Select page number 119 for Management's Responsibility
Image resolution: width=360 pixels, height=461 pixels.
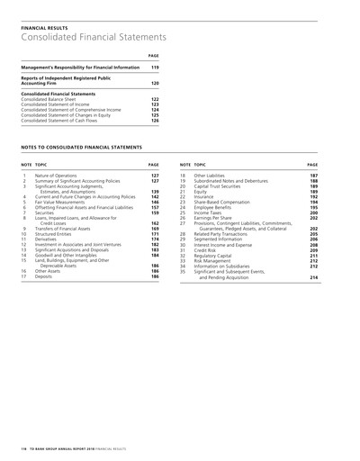[x=154, y=68]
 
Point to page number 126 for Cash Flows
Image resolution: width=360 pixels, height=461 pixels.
[x=154, y=121]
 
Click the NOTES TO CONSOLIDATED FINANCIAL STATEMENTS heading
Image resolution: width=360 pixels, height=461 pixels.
[x=81, y=145]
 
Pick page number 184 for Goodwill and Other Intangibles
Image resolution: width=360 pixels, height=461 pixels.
[x=154, y=257]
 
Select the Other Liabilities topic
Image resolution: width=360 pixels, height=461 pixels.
[x=211, y=175]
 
